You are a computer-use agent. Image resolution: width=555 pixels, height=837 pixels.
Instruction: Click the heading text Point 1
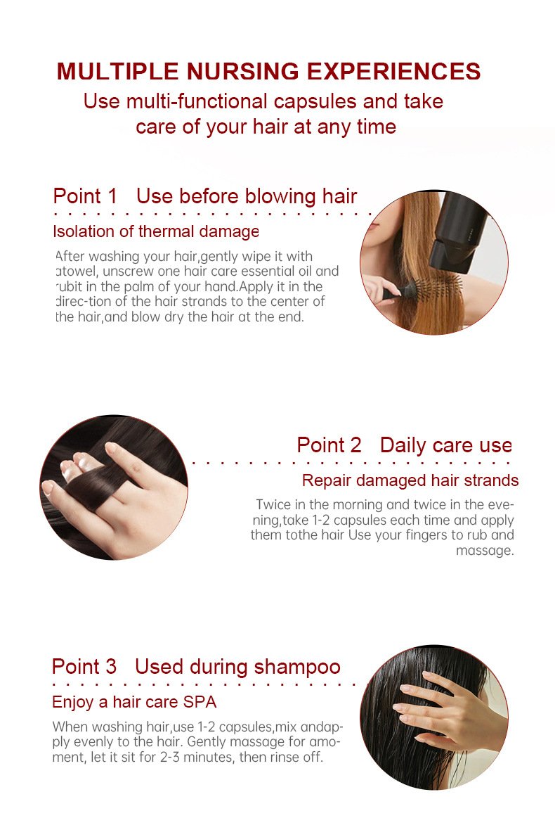click(85, 196)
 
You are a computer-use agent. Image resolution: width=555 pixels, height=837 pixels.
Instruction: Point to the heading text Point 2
click(329, 445)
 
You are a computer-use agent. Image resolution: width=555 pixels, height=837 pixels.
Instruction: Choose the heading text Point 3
click(84, 667)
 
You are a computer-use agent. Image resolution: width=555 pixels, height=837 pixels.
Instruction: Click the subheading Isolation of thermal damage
click(156, 231)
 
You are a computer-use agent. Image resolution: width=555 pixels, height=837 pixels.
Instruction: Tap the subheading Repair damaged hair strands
click(410, 480)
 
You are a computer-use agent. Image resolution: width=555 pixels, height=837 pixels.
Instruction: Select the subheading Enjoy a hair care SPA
click(134, 702)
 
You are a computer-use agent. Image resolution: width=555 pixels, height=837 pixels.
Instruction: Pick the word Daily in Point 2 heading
click(403, 446)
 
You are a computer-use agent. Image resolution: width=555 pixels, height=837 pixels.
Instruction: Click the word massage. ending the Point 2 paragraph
click(485, 551)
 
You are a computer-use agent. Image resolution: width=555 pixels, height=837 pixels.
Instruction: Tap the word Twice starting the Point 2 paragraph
click(272, 504)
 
